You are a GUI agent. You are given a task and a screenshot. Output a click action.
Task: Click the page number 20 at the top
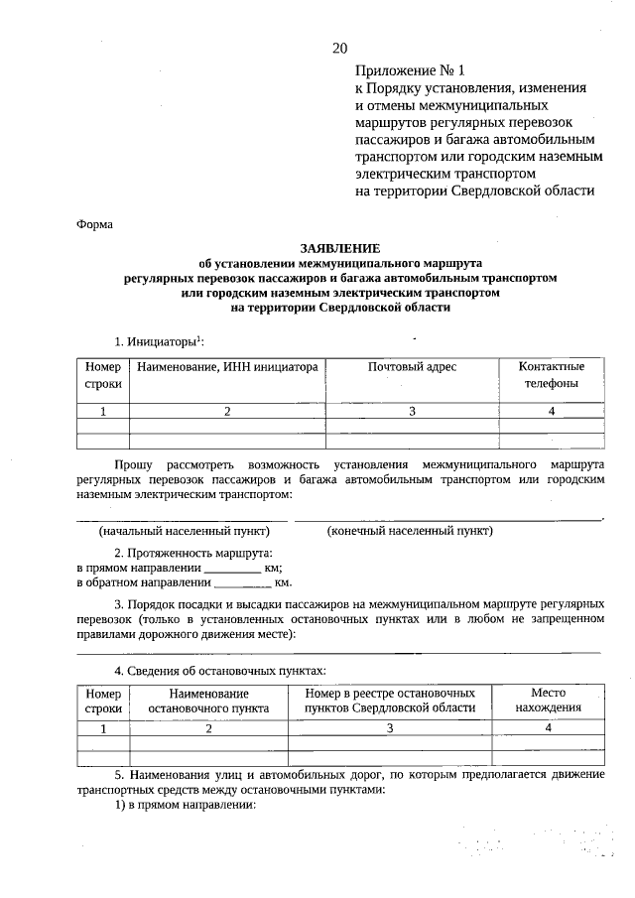[340, 47]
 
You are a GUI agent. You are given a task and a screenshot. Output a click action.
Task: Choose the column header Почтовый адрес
[412, 367]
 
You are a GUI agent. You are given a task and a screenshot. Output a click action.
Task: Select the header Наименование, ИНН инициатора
[227, 367]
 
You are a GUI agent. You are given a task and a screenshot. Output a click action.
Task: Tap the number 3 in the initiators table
[412, 411]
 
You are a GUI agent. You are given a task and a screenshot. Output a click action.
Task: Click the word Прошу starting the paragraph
[133, 464]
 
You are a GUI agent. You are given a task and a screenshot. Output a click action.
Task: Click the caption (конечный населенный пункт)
[410, 531]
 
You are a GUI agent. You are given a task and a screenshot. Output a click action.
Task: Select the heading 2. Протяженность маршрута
[193, 552]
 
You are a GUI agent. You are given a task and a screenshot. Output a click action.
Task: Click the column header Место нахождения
[548, 701]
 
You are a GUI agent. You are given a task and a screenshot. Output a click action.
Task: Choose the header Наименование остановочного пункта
[208, 701]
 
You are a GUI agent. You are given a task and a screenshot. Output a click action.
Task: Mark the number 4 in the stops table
[548, 727]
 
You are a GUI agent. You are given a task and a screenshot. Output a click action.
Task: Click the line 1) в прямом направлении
[185, 805]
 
